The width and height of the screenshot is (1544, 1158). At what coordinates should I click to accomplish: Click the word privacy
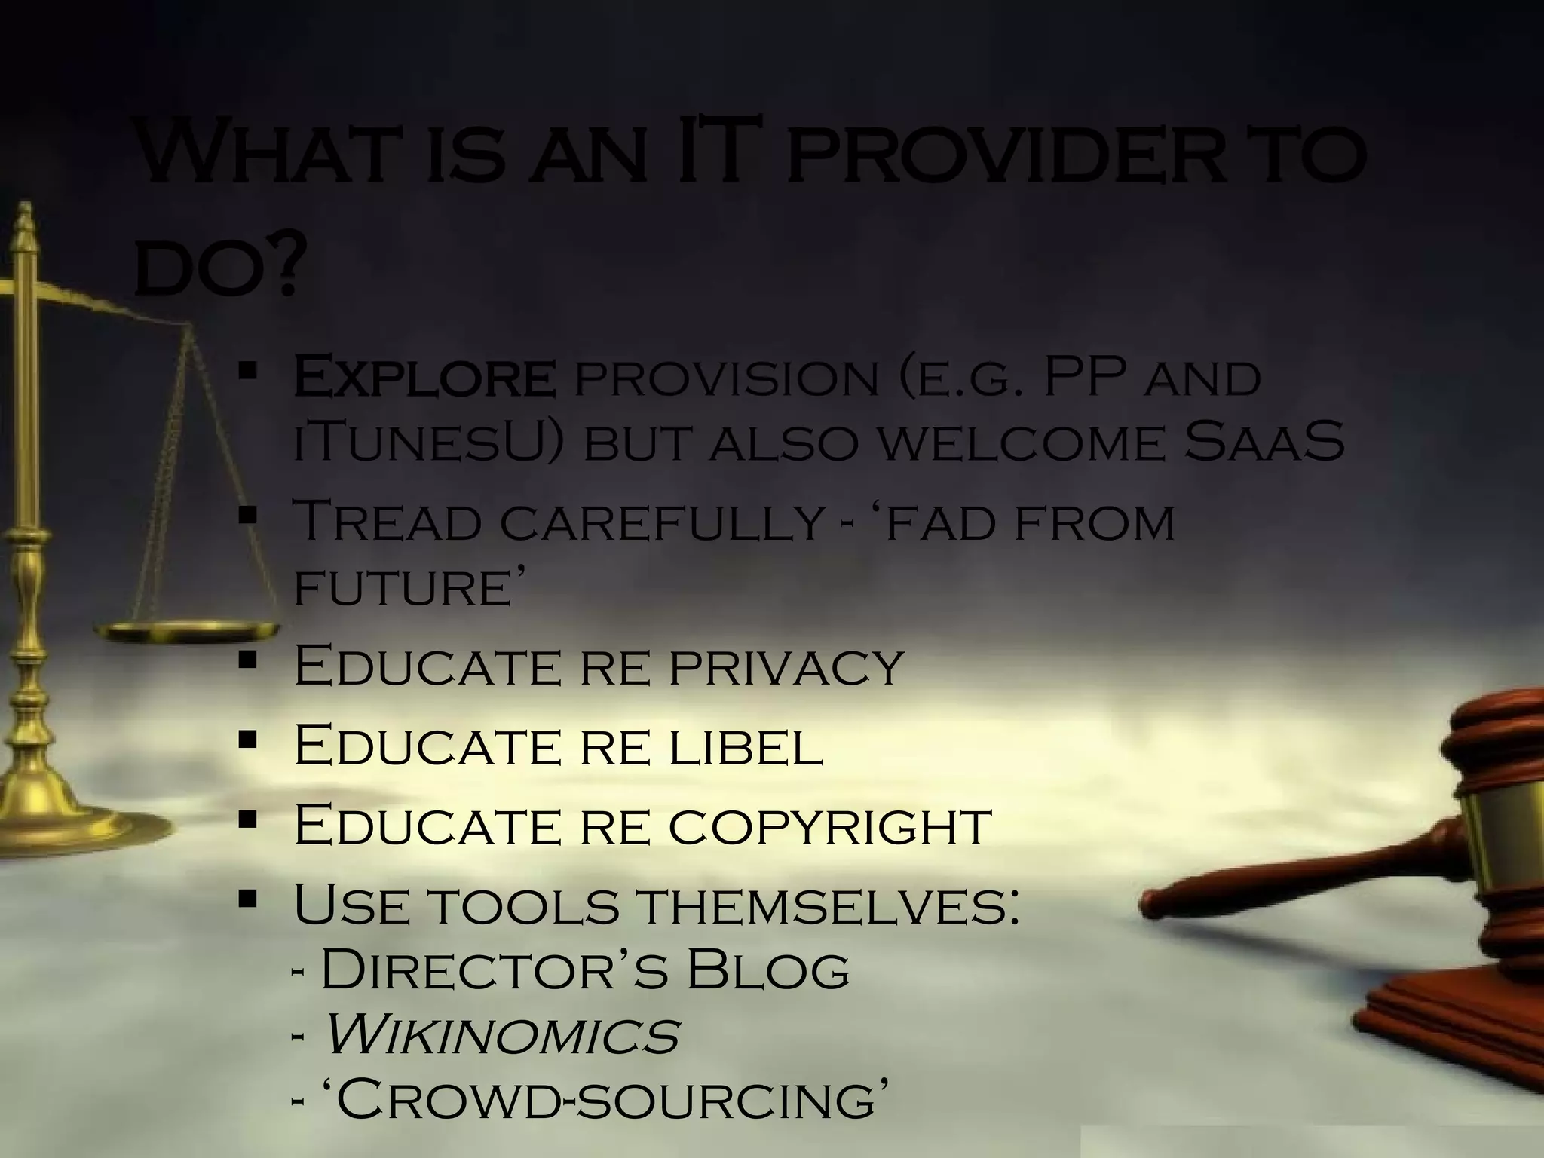(x=786, y=666)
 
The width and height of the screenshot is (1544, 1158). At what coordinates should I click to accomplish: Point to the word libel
(x=746, y=746)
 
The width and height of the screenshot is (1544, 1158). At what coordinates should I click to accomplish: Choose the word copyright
(x=830, y=826)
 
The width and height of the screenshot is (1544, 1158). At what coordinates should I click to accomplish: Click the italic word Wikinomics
(x=501, y=1035)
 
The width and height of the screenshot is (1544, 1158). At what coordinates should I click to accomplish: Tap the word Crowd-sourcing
(x=602, y=1100)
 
